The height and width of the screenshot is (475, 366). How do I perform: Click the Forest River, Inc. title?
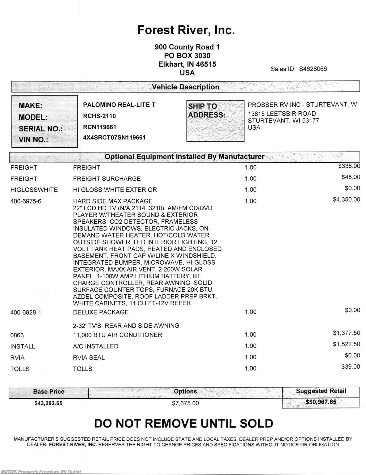click(186, 30)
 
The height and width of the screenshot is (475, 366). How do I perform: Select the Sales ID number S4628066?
click(313, 69)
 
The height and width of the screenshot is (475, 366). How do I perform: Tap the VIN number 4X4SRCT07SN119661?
click(114, 137)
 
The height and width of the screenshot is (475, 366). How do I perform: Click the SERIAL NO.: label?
click(40, 129)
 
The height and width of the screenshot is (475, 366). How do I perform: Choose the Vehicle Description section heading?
click(185, 87)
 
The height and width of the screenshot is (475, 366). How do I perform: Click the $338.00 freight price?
click(349, 166)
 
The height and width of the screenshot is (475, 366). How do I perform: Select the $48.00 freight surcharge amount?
click(351, 177)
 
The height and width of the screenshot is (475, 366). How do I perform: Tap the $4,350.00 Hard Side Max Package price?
click(346, 199)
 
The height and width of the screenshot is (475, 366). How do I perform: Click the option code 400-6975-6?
click(26, 201)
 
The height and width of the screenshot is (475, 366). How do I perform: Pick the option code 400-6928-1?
click(26, 312)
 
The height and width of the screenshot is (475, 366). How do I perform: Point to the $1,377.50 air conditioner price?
click(346, 333)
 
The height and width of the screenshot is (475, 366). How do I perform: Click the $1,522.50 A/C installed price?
click(346, 344)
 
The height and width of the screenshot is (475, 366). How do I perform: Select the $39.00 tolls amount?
click(351, 367)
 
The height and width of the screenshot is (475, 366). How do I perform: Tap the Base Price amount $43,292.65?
click(48, 403)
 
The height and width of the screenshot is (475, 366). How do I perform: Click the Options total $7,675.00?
click(185, 403)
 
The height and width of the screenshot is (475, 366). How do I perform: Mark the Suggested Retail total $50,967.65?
click(321, 402)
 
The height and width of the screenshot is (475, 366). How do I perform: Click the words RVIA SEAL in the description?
click(89, 357)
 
